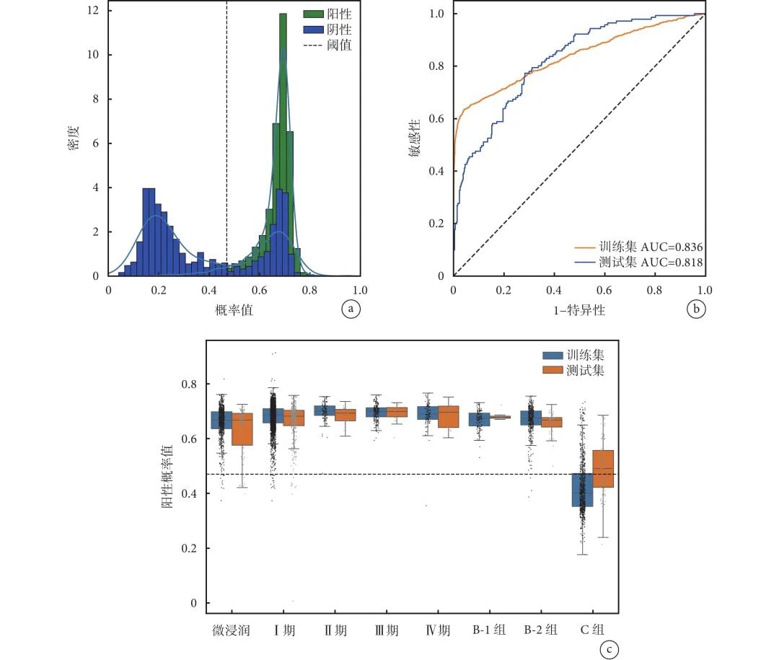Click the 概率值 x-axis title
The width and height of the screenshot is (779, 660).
click(x=233, y=309)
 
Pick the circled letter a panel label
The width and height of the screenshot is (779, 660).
click(x=350, y=309)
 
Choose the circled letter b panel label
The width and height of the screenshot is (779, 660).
click(x=695, y=309)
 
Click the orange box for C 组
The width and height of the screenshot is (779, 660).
click(x=603, y=469)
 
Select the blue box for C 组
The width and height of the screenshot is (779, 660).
click(x=582, y=490)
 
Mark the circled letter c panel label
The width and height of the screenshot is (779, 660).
click(x=609, y=650)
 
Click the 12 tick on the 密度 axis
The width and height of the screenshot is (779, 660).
click(x=94, y=11)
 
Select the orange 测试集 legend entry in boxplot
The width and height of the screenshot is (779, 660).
click(x=573, y=371)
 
